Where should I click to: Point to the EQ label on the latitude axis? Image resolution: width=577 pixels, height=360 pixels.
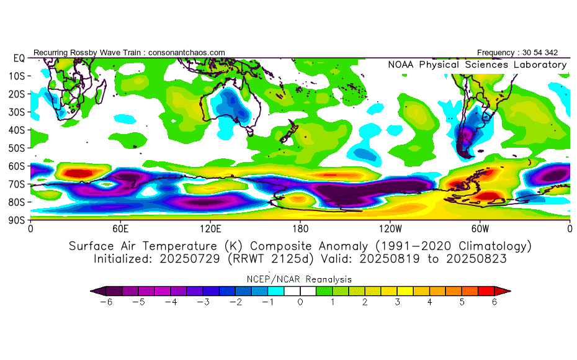(x=19, y=58)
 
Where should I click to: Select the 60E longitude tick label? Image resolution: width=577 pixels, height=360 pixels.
(x=120, y=228)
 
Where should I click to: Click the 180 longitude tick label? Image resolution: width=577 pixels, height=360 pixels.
(x=300, y=228)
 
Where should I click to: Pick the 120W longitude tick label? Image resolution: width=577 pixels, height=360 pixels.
(x=390, y=228)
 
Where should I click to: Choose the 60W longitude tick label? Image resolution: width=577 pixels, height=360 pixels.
(x=480, y=228)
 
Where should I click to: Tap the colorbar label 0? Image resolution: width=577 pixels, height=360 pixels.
(x=300, y=302)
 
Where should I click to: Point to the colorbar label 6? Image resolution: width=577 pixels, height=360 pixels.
(x=494, y=302)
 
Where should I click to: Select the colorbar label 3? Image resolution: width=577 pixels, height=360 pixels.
(x=397, y=302)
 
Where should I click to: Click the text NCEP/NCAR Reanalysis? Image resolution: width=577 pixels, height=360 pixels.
(x=300, y=279)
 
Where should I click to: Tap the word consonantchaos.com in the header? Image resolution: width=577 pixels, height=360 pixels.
(x=187, y=53)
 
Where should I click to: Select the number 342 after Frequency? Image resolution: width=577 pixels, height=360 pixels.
(x=556, y=53)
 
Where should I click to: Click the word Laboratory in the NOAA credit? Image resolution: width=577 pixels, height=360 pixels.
(x=540, y=65)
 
